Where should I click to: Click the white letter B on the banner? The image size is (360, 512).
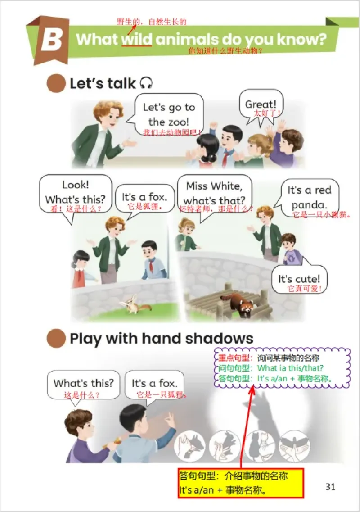[52, 40]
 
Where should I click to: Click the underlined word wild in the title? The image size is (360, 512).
[137, 39]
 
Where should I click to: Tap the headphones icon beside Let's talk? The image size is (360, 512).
[146, 83]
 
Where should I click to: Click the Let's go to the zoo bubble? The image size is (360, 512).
[169, 115]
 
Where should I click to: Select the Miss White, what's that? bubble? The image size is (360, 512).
[215, 194]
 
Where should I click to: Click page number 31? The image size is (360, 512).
[330, 486]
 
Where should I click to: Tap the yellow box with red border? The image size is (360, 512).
[241, 483]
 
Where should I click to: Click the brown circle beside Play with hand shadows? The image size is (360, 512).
[56, 338]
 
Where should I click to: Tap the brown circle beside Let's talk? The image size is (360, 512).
[56, 83]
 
